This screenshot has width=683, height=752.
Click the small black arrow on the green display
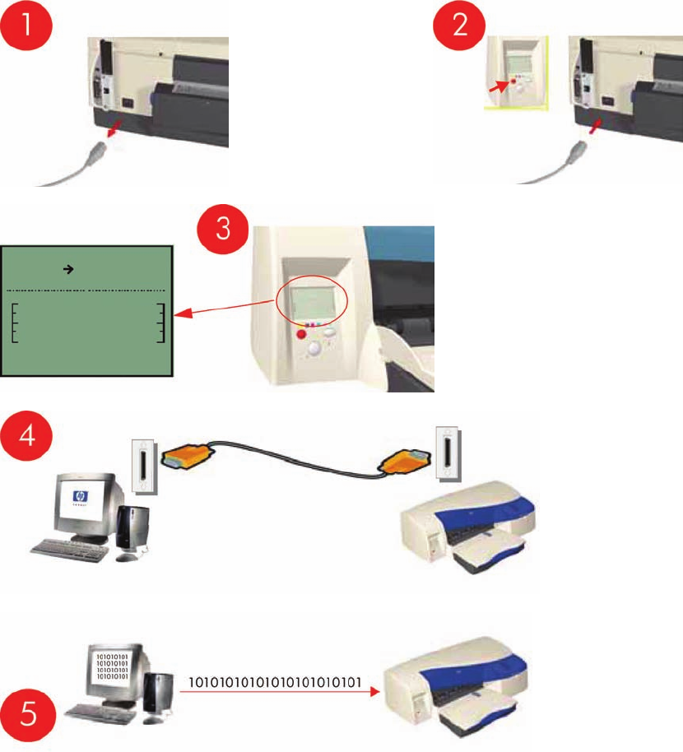[x=69, y=269]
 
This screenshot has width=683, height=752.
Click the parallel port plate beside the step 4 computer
[x=143, y=467]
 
